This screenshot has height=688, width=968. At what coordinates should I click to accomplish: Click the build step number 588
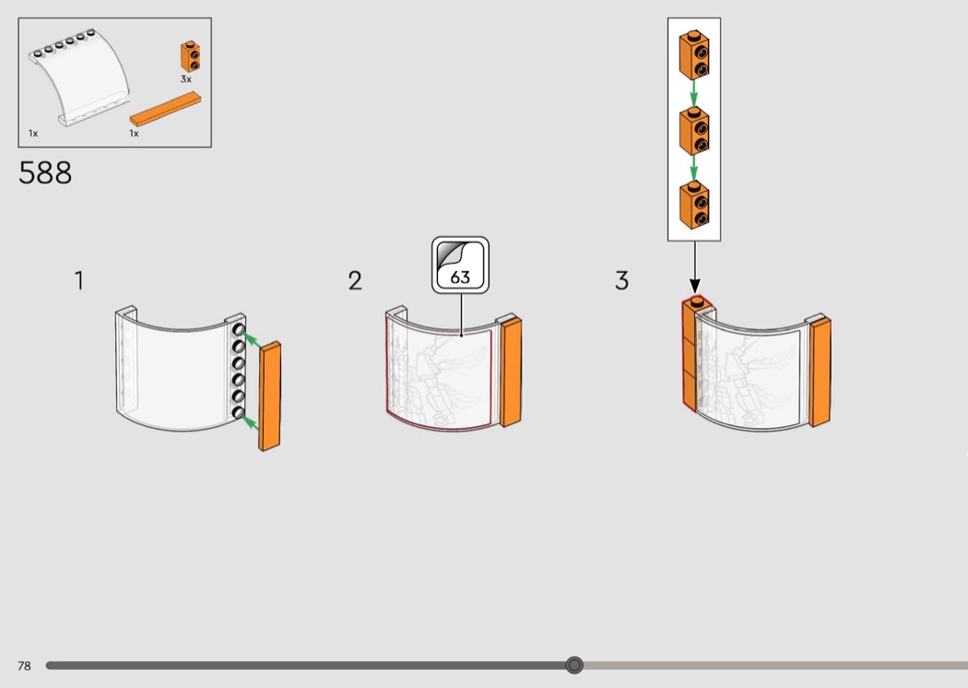(x=45, y=172)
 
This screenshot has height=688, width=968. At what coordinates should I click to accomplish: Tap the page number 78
(x=24, y=666)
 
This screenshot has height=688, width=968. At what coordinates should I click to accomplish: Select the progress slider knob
(x=574, y=665)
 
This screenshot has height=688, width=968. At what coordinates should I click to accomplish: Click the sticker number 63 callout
(x=460, y=266)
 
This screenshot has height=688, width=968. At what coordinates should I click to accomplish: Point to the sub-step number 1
(x=79, y=280)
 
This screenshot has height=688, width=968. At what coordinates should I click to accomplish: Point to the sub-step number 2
(x=355, y=281)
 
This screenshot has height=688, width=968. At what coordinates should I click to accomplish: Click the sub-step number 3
(x=621, y=281)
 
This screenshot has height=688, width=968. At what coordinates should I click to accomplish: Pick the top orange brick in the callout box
(x=694, y=55)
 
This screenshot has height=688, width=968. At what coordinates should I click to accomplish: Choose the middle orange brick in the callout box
(x=694, y=130)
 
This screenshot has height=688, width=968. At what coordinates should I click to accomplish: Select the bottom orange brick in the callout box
(x=694, y=205)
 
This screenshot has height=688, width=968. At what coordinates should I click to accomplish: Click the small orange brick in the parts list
(x=191, y=57)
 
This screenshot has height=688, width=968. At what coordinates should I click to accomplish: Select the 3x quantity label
(x=186, y=80)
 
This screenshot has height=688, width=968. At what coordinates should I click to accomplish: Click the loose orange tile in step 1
(x=270, y=397)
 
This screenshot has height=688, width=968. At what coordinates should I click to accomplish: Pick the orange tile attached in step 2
(x=510, y=371)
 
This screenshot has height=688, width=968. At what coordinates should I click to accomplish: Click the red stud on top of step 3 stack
(x=697, y=300)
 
